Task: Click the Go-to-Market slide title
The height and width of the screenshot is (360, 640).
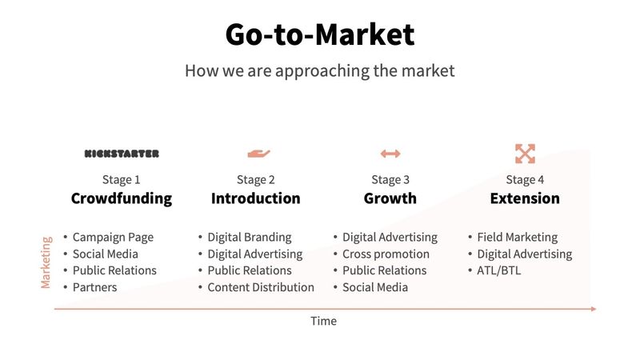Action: (320, 34)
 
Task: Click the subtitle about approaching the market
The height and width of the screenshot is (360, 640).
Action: (320, 70)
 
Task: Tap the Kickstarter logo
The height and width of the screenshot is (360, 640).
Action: (122, 153)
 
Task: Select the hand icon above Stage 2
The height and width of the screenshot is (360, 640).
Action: (258, 153)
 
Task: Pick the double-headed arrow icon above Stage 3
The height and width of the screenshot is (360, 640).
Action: (390, 153)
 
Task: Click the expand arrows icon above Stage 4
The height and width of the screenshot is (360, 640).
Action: (525, 153)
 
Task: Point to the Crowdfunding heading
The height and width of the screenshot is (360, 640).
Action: (122, 198)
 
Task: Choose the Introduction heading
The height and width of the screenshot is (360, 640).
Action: (256, 198)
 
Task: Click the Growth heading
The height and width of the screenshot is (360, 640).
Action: (390, 198)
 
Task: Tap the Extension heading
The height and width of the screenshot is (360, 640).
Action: (525, 198)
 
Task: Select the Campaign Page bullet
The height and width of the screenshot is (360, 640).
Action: (112, 237)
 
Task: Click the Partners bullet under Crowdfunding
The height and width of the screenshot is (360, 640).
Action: (94, 287)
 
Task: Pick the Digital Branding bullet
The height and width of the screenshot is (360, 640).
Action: (249, 237)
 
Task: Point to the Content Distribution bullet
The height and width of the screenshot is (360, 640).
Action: (260, 287)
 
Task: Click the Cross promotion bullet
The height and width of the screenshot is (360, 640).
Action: (385, 254)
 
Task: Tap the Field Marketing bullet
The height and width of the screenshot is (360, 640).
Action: (517, 237)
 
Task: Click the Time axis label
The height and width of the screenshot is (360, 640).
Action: (324, 321)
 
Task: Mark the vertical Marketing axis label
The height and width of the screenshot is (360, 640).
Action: (46, 262)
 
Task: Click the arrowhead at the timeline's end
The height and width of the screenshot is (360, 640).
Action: (593, 308)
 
